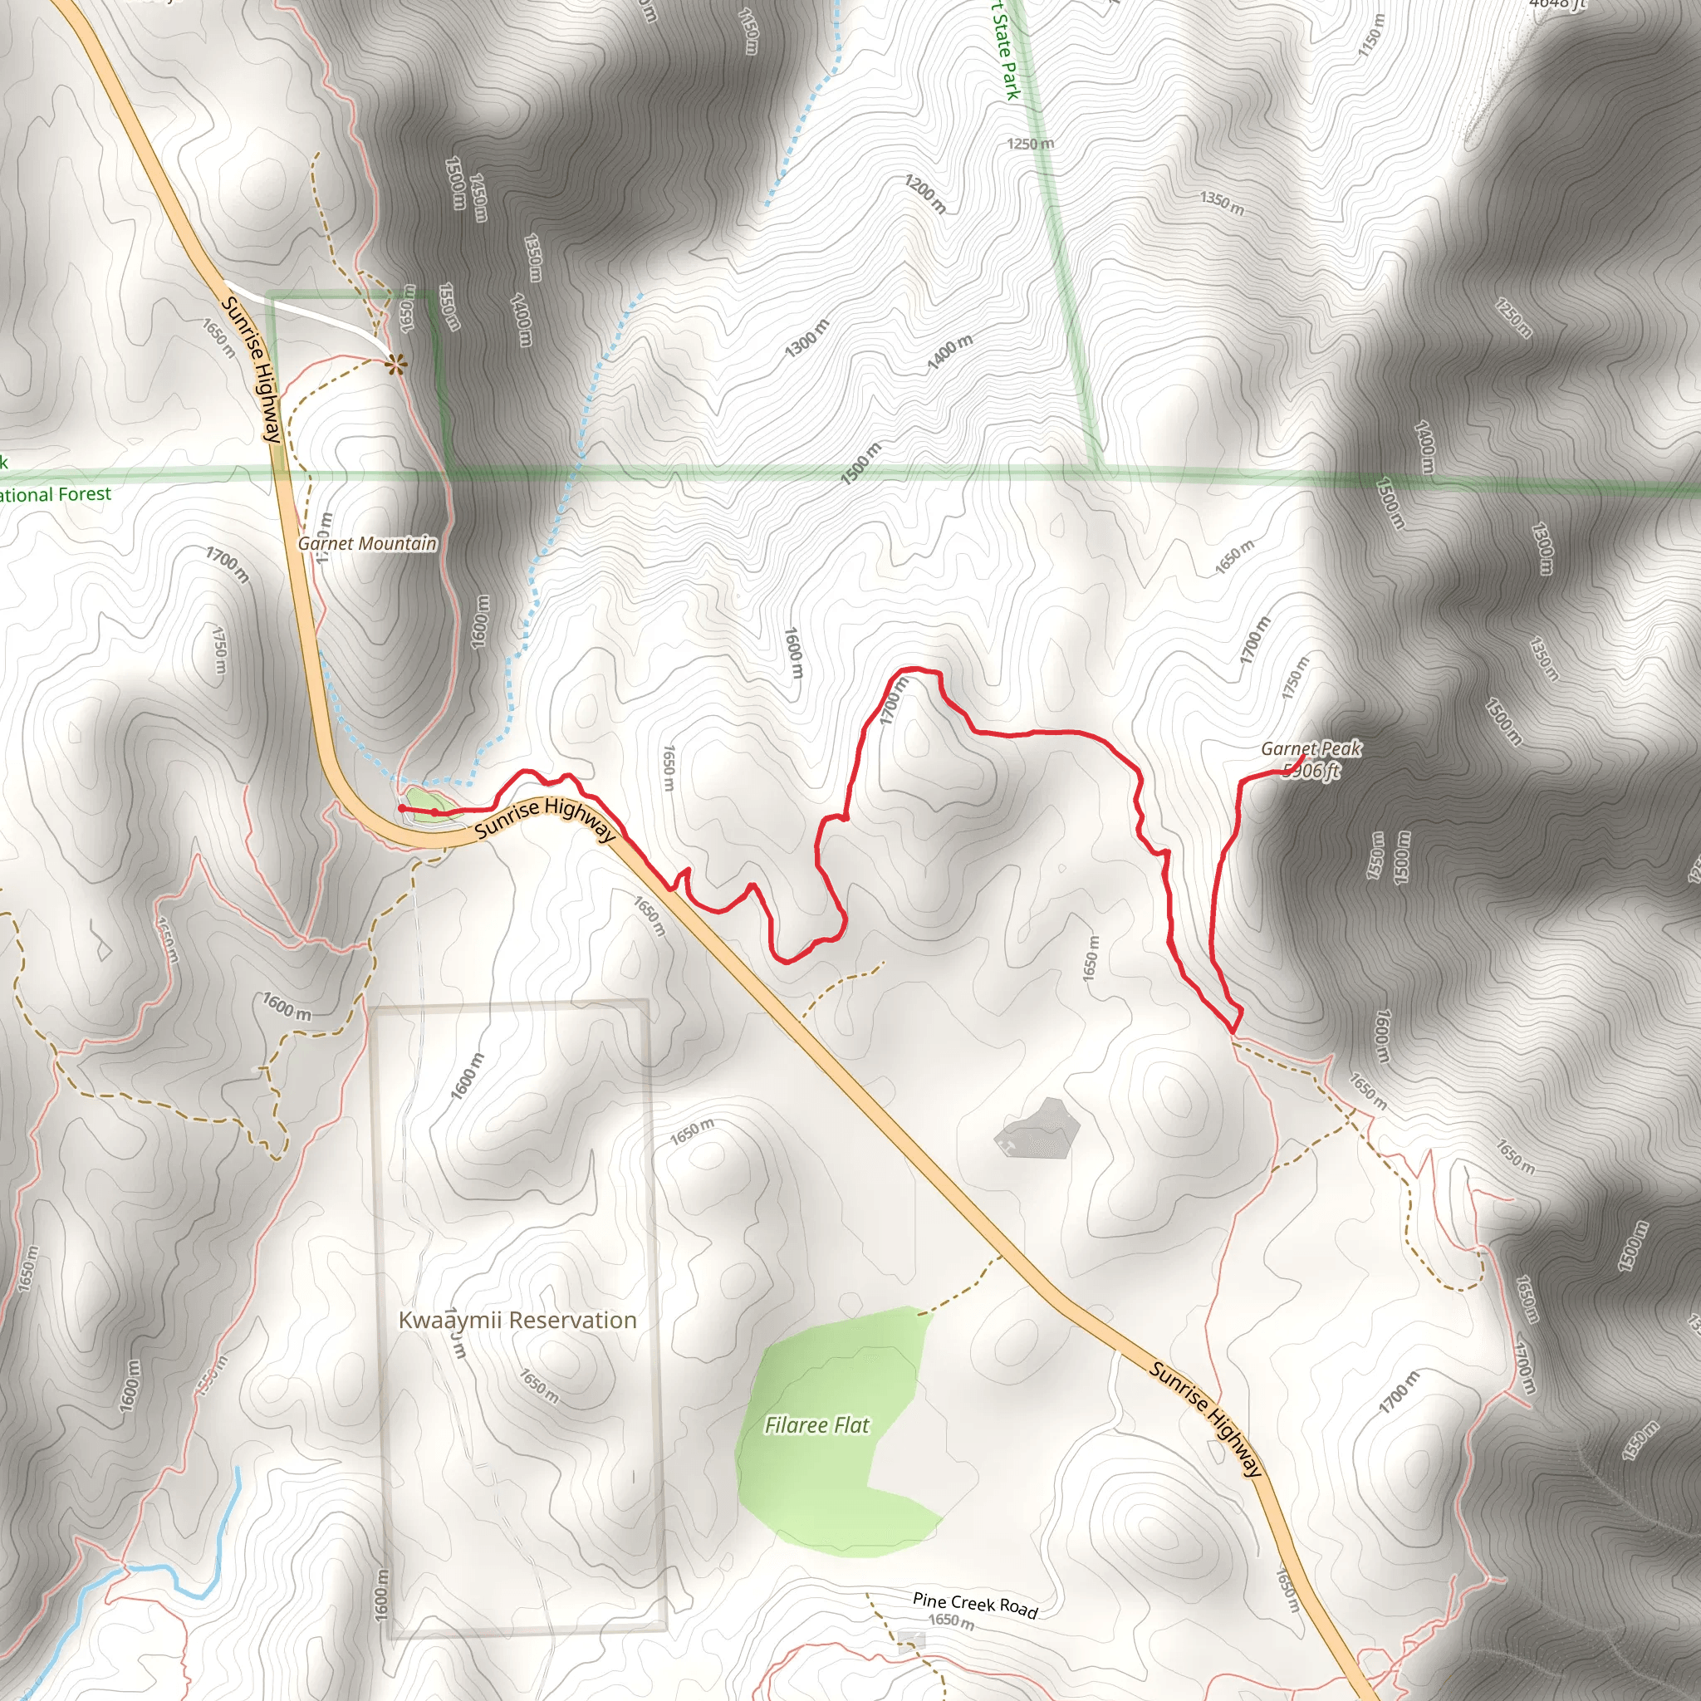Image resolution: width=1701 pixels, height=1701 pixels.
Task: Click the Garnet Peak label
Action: (x=1310, y=748)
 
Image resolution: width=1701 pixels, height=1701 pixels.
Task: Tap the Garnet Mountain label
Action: (x=367, y=543)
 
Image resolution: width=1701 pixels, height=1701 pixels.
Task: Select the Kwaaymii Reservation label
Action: (x=517, y=1320)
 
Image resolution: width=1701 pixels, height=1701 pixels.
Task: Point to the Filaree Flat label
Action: (x=816, y=1424)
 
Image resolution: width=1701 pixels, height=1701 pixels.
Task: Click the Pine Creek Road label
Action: (x=974, y=1604)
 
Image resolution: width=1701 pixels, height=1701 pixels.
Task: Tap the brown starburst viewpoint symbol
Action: (x=397, y=363)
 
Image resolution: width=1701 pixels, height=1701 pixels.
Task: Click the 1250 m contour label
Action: (x=1030, y=144)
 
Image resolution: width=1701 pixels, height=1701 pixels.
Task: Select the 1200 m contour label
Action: (x=925, y=194)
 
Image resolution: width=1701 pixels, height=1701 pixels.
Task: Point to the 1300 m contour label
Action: (x=806, y=338)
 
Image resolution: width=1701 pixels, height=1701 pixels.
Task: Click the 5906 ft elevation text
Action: (x=1311, y=772)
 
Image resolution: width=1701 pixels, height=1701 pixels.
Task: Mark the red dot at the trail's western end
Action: (x=402, y=807)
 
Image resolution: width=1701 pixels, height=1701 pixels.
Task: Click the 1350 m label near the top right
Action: (x=1222, y=202)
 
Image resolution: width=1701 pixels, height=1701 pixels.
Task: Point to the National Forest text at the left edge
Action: (x=55, y=495)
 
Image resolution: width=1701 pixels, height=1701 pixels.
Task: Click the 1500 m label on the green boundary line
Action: (x=860, y=464)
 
